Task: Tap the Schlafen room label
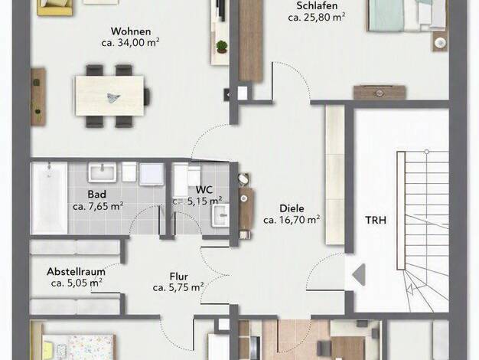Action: coord(317,5)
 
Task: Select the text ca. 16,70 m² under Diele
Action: coord(292,220)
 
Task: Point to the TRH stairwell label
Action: coord(376,220)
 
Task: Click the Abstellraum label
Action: coord(76,272)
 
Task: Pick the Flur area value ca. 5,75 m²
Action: coord(178,287)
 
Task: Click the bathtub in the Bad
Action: coord(49,198)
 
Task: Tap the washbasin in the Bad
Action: coord(103,172)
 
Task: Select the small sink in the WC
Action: coord(220,216)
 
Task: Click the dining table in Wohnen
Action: coord(109,96)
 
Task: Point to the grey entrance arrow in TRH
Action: coord(359,275)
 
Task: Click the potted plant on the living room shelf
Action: coord(222,47)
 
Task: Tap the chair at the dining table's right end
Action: coord(147,96)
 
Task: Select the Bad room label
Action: coord(97,194)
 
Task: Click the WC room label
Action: coord(204,189)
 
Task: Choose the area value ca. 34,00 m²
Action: coord(130,43)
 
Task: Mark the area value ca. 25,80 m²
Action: coord(317,17)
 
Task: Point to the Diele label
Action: coord(292,208)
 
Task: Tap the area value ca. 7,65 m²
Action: coord(98,206)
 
